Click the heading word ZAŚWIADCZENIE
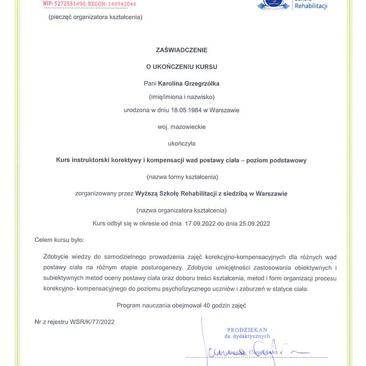pos(181,50)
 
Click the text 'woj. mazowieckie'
pos(181,126)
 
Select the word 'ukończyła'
pos(181,144)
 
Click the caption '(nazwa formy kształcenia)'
pos(182,176)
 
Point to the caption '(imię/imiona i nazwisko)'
pos(181,96)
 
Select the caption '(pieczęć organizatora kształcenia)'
pos(96,17)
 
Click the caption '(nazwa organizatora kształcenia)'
pos(181,209)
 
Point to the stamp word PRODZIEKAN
pos(246,330)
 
